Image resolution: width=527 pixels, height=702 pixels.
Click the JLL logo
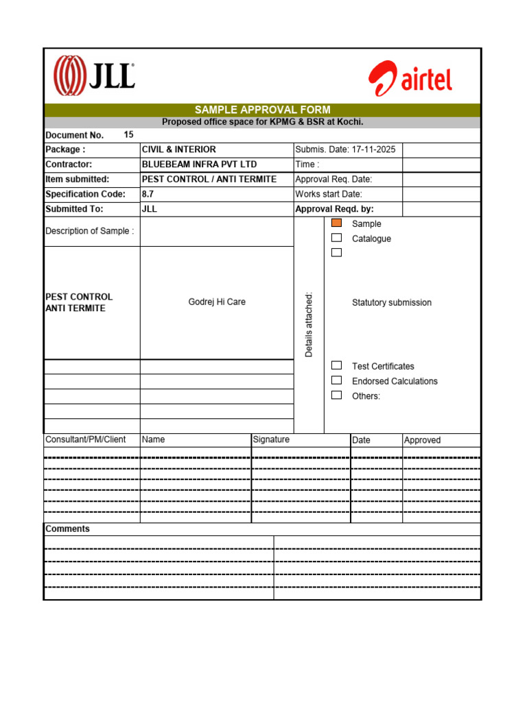pos(94,75)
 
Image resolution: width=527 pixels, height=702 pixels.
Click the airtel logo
pos(410,79)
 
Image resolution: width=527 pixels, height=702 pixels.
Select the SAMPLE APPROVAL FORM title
pos(262,110)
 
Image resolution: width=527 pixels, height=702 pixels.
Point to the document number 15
pos(129,135)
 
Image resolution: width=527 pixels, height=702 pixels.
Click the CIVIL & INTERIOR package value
pos(178,149)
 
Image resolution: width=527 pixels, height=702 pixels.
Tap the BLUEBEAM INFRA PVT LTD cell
pos(199,165)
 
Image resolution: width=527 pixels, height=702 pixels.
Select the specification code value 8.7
pos(148,195)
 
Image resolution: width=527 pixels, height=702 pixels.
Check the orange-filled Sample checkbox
pos(336,223)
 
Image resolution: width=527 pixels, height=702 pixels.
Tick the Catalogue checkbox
pos(336,238)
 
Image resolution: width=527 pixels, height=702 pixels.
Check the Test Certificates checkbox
pos(336,366)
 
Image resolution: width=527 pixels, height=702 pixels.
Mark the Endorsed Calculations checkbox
pos(336,380)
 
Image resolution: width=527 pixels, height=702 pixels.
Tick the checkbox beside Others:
pos(336,396)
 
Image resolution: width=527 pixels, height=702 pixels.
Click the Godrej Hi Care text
pos(217,302)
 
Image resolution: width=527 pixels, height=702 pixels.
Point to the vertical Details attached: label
pos(309,324)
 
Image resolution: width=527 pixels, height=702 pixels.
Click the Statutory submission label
pos(392,303)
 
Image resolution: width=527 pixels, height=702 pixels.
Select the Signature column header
pos(271,440)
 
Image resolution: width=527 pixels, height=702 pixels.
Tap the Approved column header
pos(422,440)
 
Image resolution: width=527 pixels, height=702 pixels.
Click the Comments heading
pos(67,529)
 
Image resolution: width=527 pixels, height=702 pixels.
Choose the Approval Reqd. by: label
pos(334,210)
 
